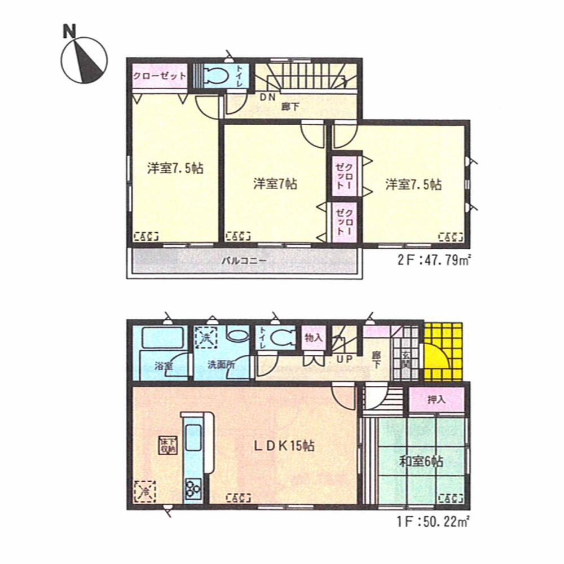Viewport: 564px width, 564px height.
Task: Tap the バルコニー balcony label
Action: click(243, 261)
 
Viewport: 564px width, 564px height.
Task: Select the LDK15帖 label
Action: click(283, 446)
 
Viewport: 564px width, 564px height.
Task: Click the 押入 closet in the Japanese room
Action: click(437, 400)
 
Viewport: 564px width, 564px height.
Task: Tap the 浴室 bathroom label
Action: click(164, 365)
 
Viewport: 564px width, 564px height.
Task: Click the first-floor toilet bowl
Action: click(280, 338)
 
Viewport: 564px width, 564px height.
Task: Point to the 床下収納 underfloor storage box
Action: click(167, 445)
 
